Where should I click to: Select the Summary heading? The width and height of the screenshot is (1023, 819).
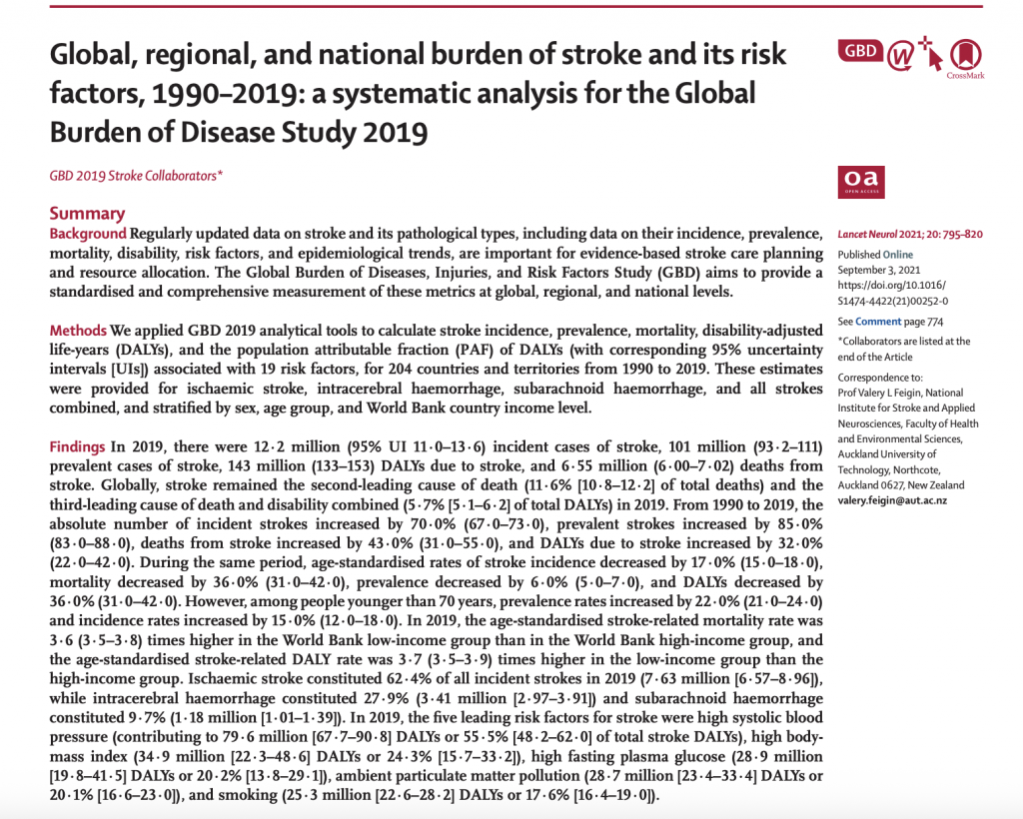click(x=88, y=213)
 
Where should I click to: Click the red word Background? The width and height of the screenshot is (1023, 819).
click(x=88, y=233)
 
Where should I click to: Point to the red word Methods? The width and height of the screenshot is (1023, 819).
click(x=78, y=331)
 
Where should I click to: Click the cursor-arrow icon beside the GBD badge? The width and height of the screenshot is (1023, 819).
click(x=931, y=57)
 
